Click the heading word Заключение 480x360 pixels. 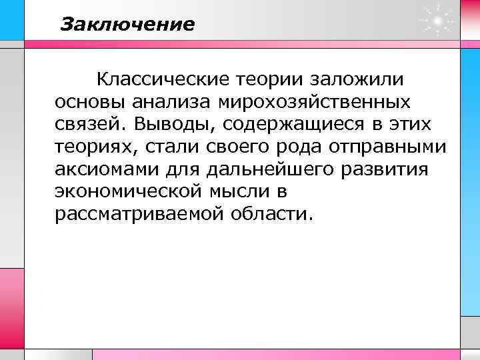click(x=127, y=25)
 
